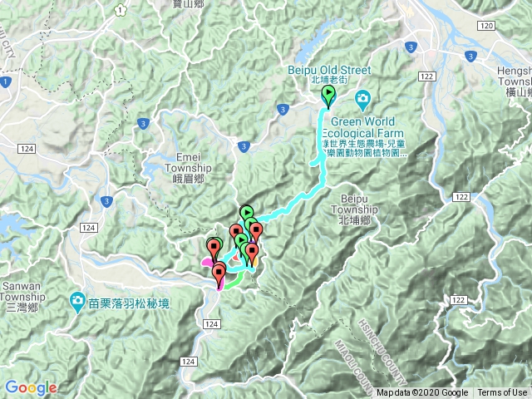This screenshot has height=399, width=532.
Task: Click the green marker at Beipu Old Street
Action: click(328, 96)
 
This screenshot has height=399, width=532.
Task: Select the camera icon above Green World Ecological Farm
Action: click(362, 101)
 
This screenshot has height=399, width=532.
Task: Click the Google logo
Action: click(31, 387)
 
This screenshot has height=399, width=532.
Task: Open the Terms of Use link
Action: click(501, 393)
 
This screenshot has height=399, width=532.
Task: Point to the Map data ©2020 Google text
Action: click(421, 393)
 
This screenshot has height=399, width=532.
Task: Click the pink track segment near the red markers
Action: click(205, 262)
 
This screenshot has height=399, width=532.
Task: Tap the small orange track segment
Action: click(255, 263)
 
